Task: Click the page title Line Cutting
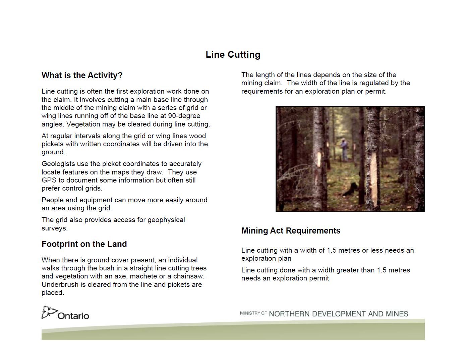(x=233, y=55)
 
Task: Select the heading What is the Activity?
(x=82, y=75)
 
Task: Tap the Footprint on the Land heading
(x=84, y=244)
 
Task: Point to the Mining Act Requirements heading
(x=291, y=231)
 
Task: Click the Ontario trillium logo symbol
(x=49, y=312)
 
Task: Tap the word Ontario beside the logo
(x=73, y=316)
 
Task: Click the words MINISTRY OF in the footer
(x=253, y=313)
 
